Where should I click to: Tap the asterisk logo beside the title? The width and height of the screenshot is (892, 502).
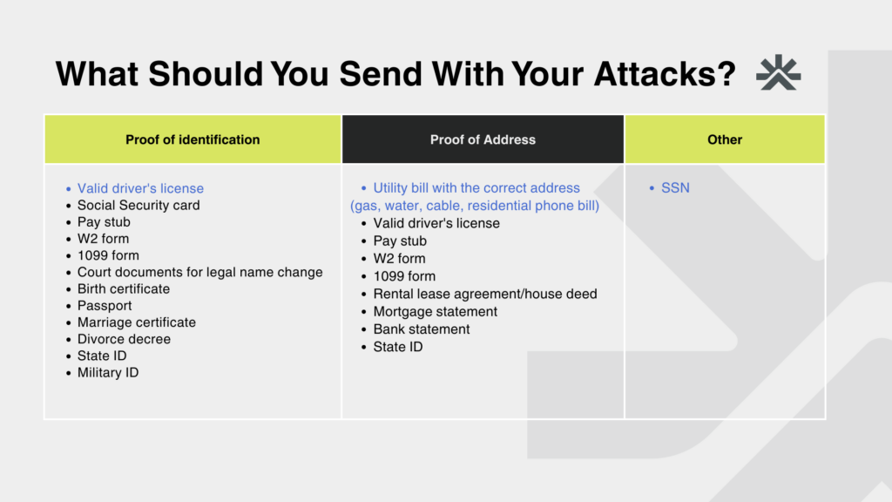(778, 72)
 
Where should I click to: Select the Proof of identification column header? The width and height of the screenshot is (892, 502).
(193, 139)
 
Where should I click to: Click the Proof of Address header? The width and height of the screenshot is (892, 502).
(483, 139)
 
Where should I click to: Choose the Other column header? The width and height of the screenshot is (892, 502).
(725, 139)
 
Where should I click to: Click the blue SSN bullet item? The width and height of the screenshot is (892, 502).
(675, 188)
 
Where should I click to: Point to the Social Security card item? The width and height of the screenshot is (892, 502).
(139, 205)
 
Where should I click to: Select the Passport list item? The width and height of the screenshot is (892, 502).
(105, 306)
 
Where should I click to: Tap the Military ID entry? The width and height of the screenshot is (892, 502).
(108, 372)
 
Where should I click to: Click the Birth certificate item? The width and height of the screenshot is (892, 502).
(124, 288)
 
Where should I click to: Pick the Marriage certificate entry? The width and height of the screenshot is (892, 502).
(137, 322)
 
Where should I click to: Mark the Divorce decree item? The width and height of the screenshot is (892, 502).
(124, 339)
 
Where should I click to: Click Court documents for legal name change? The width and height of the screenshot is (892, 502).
(199, 272)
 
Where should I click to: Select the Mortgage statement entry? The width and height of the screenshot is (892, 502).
(436, 311)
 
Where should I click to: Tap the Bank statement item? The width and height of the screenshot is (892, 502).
(422, 329)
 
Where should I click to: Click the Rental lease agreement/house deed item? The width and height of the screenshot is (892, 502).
(485, 294)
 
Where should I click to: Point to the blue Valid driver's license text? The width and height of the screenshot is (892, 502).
(140, 188)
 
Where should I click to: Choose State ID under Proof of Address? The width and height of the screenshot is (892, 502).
(397, 347)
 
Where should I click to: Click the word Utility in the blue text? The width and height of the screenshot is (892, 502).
(389, 188)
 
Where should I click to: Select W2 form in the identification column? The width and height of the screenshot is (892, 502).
(103, 239)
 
